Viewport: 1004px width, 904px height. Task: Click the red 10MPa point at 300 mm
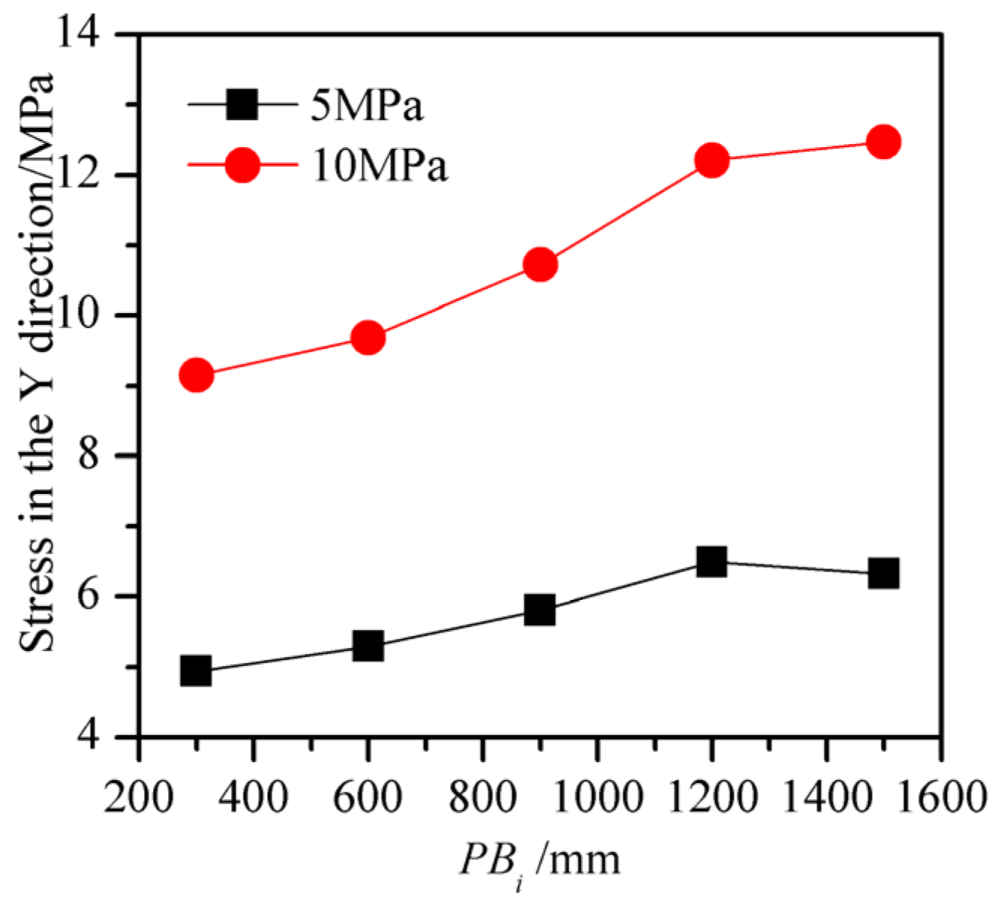click(197, 374)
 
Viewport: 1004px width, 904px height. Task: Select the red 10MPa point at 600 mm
click(368, 338)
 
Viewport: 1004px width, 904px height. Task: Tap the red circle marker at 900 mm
click(540, 265)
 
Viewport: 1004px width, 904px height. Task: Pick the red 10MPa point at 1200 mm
click(711, 160)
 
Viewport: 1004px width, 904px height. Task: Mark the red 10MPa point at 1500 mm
click(883, 141)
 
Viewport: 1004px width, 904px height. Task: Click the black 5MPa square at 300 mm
click(197, 670)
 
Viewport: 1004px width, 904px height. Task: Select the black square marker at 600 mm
click(368, 645)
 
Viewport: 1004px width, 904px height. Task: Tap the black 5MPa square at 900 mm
click(540, 610)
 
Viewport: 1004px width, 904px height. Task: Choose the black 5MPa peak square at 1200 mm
click(711, 561)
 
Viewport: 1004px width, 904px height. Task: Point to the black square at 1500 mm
click(883, 574)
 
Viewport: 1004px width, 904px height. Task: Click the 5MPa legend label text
click(367, 106)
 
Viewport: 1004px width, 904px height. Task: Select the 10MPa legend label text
click(379, 165)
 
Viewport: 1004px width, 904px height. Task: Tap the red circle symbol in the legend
click(242, 164)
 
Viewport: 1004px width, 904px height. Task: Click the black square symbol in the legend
click(242, 105)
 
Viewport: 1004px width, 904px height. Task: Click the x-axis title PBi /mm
click(540, 860)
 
